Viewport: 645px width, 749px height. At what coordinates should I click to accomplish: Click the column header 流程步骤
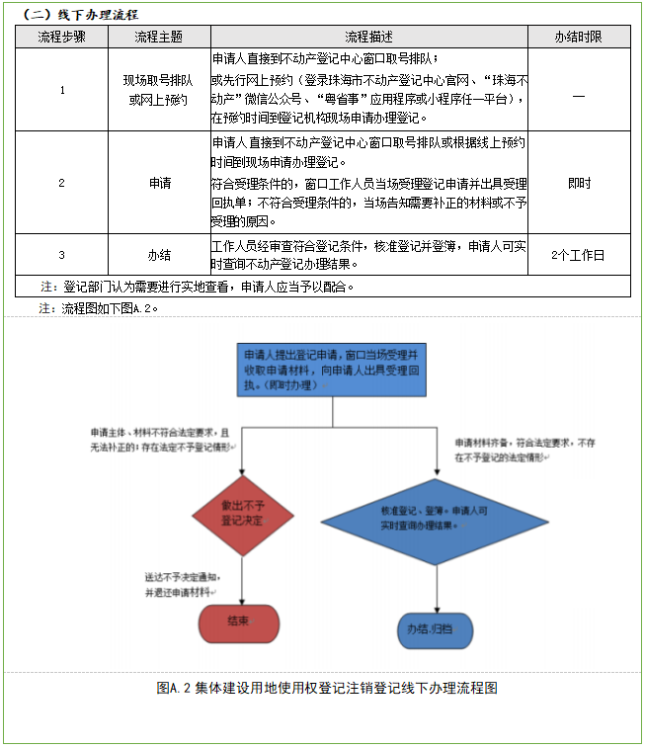[61, 37]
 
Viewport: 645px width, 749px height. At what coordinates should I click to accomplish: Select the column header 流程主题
[159, 37]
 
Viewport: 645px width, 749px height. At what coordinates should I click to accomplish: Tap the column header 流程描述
[368, 37]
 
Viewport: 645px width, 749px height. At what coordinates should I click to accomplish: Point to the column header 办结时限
[578, 37]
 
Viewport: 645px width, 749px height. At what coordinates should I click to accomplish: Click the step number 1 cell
[61, 90]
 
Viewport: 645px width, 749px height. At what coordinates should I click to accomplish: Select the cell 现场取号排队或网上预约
[159, 90]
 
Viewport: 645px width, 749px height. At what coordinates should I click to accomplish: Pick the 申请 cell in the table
[159, 183]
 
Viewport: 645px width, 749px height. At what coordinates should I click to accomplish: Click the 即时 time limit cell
[578, 183]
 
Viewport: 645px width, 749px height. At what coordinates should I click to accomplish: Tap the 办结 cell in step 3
[159, 255]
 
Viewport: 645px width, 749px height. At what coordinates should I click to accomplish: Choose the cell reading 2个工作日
[578, 255]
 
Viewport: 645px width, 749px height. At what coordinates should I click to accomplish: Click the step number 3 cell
[61, 255]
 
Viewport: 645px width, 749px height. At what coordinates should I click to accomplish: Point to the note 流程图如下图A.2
[99, 308]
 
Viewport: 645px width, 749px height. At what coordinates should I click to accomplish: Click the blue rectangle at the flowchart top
[333, 370]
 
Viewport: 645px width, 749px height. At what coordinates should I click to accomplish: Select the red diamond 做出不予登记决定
[241, 513]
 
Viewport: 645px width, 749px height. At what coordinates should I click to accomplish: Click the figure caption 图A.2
[326, 688]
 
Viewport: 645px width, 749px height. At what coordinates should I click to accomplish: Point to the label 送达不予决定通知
[182, 576]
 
